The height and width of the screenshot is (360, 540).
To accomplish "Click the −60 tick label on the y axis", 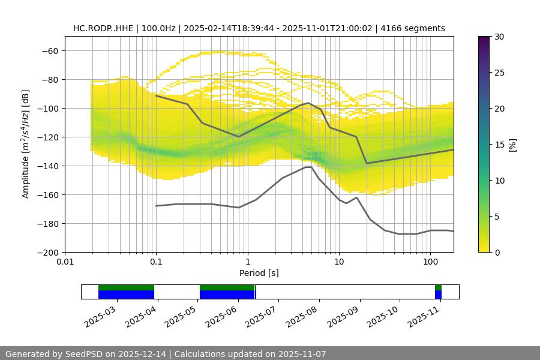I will pos(49,51).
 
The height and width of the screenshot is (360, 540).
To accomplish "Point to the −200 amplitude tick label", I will pos(47,253).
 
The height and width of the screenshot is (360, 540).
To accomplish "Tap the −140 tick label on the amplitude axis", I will pos(47,166).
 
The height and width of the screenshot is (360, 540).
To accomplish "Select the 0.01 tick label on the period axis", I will pos(65,262).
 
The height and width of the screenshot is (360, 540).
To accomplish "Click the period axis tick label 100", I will pos(430,262).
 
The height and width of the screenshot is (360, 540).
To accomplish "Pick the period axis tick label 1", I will pos(247,262).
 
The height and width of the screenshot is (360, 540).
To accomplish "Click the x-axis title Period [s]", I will pos(259,273).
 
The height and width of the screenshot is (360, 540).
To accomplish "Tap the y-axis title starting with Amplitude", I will pos(26,144).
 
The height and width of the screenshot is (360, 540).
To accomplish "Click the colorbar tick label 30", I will pos(499,37).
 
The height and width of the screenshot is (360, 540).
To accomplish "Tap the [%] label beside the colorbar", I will pos(512,145).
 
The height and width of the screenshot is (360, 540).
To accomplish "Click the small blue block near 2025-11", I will pos(438,295).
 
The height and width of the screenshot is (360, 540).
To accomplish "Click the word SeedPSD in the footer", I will pos(84,354).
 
